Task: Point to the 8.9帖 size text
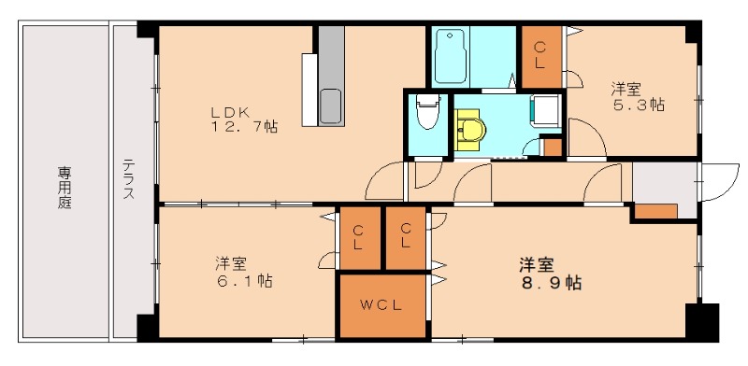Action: click(x=552, y=281)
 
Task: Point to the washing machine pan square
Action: click(x=546, y=112)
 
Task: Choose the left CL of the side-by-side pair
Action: click(x=359, y=239)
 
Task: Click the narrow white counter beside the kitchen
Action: click(x=309, y=88)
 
